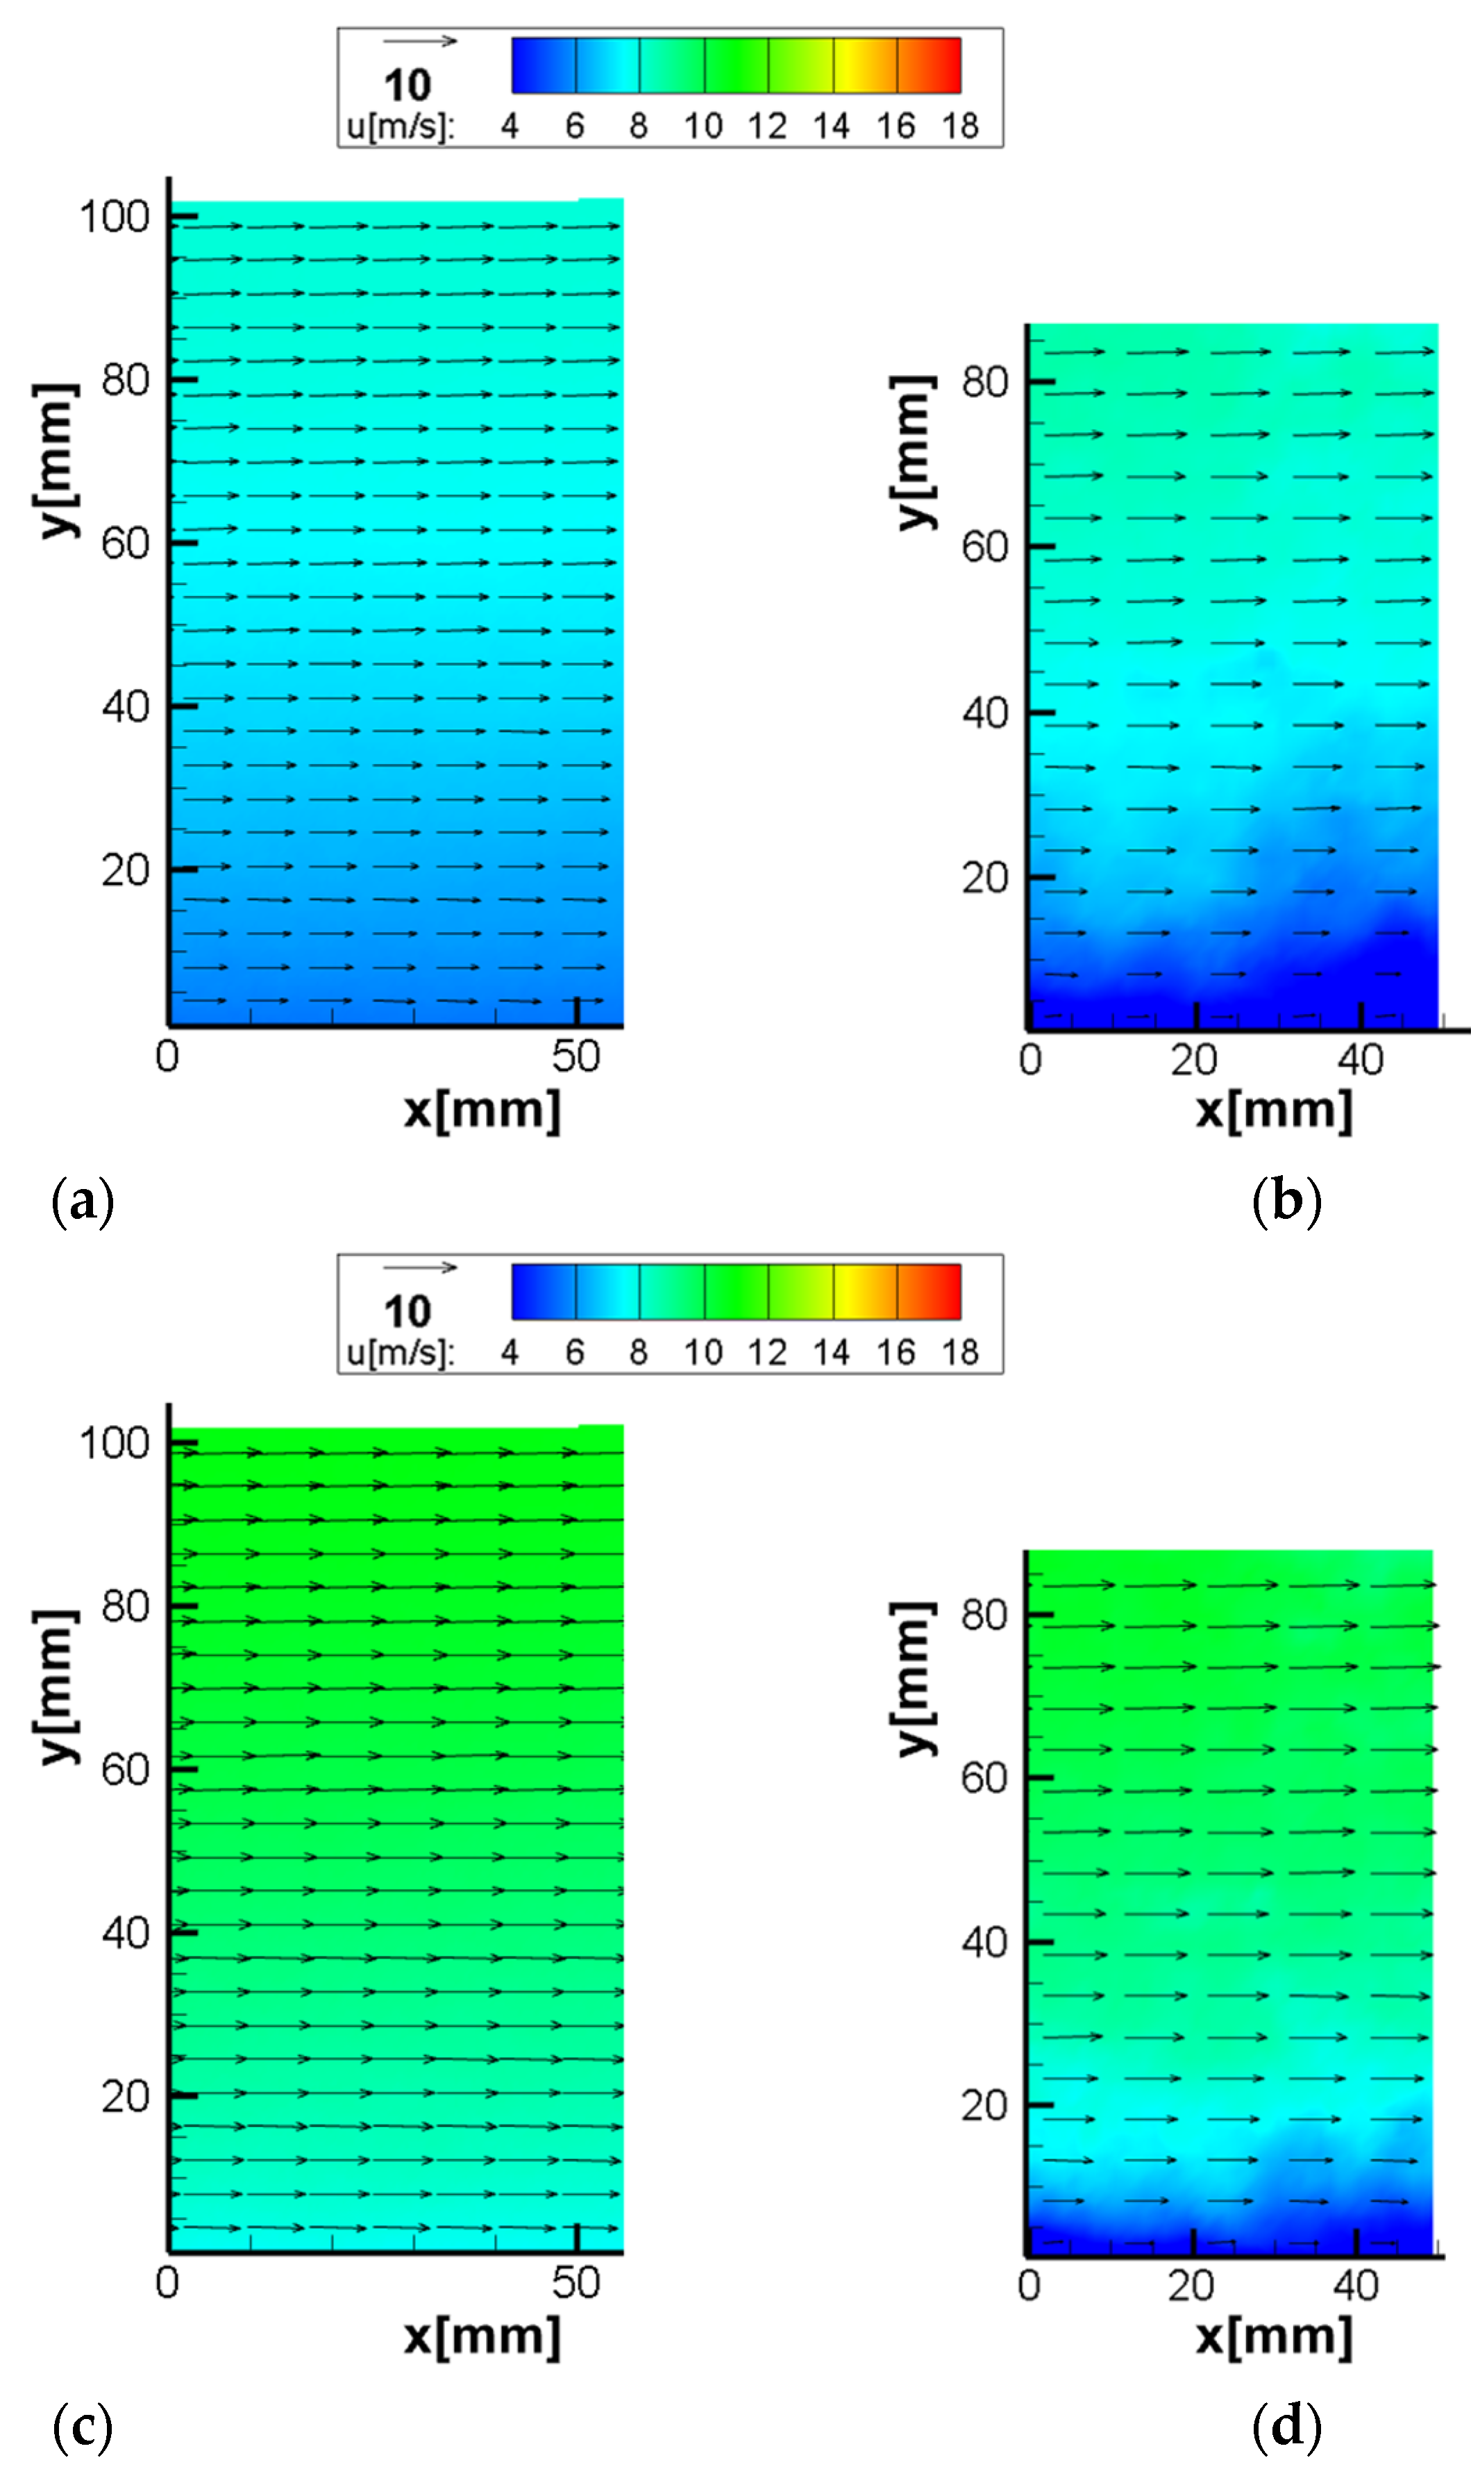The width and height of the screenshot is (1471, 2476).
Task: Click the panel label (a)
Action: coord(83,1202)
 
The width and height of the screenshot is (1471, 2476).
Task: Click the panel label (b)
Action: coord(1286,1202)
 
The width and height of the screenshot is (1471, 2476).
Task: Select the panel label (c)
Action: coord(83,2427)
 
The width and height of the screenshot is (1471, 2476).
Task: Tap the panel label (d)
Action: coord(1286,2427)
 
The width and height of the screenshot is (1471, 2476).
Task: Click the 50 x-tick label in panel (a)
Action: coord(576,1057)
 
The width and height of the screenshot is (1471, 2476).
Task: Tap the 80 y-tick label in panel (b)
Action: coord(984,383)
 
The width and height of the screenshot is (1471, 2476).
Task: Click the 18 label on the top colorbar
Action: coord(959,126)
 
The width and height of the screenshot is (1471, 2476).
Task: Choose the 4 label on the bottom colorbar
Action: coord(510,1352)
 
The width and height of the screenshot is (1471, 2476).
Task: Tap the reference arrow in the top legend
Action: coord(419,42)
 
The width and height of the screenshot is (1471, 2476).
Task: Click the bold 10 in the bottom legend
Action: coord(407,1312)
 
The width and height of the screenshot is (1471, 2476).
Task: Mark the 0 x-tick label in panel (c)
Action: coord(167,2283)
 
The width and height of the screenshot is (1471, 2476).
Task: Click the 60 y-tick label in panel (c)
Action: coord(125,1770)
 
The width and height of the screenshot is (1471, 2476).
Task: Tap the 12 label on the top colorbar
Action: coord(766,126)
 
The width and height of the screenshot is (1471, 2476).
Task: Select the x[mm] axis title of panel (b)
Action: coord(1274,1110)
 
